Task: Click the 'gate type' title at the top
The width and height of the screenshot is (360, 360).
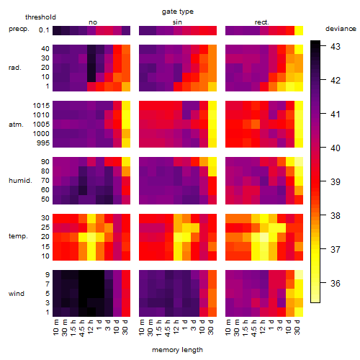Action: (178, 12)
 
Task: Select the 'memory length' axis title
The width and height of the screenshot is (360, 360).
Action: (177, 350)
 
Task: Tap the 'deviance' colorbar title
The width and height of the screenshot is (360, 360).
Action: (341, 29)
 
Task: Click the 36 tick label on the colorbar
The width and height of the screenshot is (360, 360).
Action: (335, 284)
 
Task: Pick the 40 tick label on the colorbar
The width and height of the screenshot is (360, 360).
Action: (335, 148)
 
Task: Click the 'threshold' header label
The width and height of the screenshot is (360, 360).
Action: (40, 17)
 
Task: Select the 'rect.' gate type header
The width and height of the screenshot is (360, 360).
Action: (261, 22)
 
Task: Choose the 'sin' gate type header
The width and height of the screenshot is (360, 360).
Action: (177, 22)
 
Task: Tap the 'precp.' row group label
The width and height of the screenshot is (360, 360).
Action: (19, 29)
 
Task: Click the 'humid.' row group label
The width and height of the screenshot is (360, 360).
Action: (20, 181)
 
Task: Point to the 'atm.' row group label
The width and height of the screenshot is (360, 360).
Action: (16, 125)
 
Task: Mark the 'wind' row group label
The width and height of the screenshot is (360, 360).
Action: (17, 294)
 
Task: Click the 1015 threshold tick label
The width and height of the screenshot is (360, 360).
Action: (41, 106)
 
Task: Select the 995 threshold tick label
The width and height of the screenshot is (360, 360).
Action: (43, 143)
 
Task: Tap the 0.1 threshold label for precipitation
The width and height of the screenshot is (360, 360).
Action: (44, 30)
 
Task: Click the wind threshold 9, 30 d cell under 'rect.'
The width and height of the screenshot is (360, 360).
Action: (299, 274)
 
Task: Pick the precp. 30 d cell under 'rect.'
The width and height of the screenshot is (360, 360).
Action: (299, 30)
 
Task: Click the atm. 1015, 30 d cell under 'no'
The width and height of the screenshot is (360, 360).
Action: (126, 106)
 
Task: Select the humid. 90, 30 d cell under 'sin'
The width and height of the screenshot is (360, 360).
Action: (212, 162)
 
